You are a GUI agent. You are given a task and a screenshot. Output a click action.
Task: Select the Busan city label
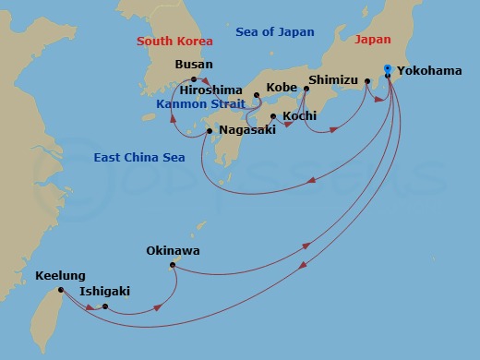(x=194, y=65)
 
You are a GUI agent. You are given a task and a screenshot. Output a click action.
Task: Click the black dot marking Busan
(x=194, y=79)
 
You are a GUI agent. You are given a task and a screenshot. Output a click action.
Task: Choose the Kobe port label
(x=282, y=87)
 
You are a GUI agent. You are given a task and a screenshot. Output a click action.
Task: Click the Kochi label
(x=300, y=115)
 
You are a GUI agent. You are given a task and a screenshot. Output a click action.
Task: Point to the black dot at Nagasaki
(x=210, y=131)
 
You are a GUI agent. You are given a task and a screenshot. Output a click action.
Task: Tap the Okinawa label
(x=173, y=251)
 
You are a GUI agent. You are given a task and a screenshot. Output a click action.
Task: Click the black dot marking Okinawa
(x=173, y=266)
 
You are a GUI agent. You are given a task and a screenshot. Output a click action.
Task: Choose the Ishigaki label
(x=104, y=292)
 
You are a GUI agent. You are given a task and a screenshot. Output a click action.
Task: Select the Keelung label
(x=60, y=275)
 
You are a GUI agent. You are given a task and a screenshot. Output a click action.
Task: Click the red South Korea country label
(x=174, y=42)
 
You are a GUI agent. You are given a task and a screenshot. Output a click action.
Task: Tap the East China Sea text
(x=140, y=158)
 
